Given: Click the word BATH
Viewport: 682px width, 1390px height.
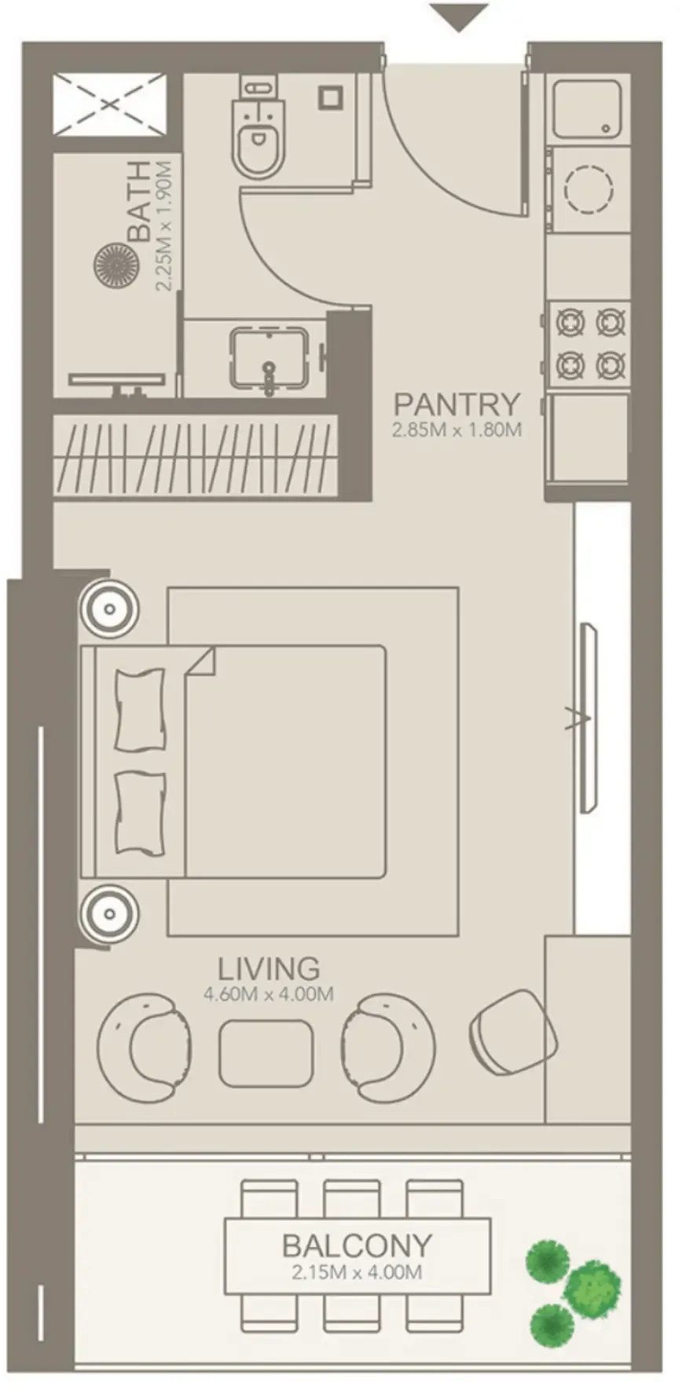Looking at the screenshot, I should [x=140, y=201].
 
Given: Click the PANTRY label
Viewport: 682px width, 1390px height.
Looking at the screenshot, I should [x=456, y=404].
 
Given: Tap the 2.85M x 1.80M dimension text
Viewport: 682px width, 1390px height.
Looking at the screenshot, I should [x=456, y=430].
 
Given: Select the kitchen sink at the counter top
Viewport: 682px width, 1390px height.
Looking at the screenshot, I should [x=588, y=109].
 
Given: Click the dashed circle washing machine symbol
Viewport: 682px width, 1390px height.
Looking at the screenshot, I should [x=588, y=189].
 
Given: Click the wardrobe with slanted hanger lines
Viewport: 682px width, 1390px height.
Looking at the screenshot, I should [x=196, y=455].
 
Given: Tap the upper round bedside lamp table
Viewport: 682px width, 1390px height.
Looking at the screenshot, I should [x=109, y=609].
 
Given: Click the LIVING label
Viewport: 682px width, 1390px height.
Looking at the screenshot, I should [x=269, y=968].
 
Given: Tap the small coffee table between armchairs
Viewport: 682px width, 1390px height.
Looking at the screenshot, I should [x=266, y=1053].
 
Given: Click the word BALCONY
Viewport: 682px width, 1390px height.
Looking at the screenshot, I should [x=357, y=1246].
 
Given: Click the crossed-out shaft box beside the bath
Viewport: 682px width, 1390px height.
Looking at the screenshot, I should [x=109, y=104].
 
